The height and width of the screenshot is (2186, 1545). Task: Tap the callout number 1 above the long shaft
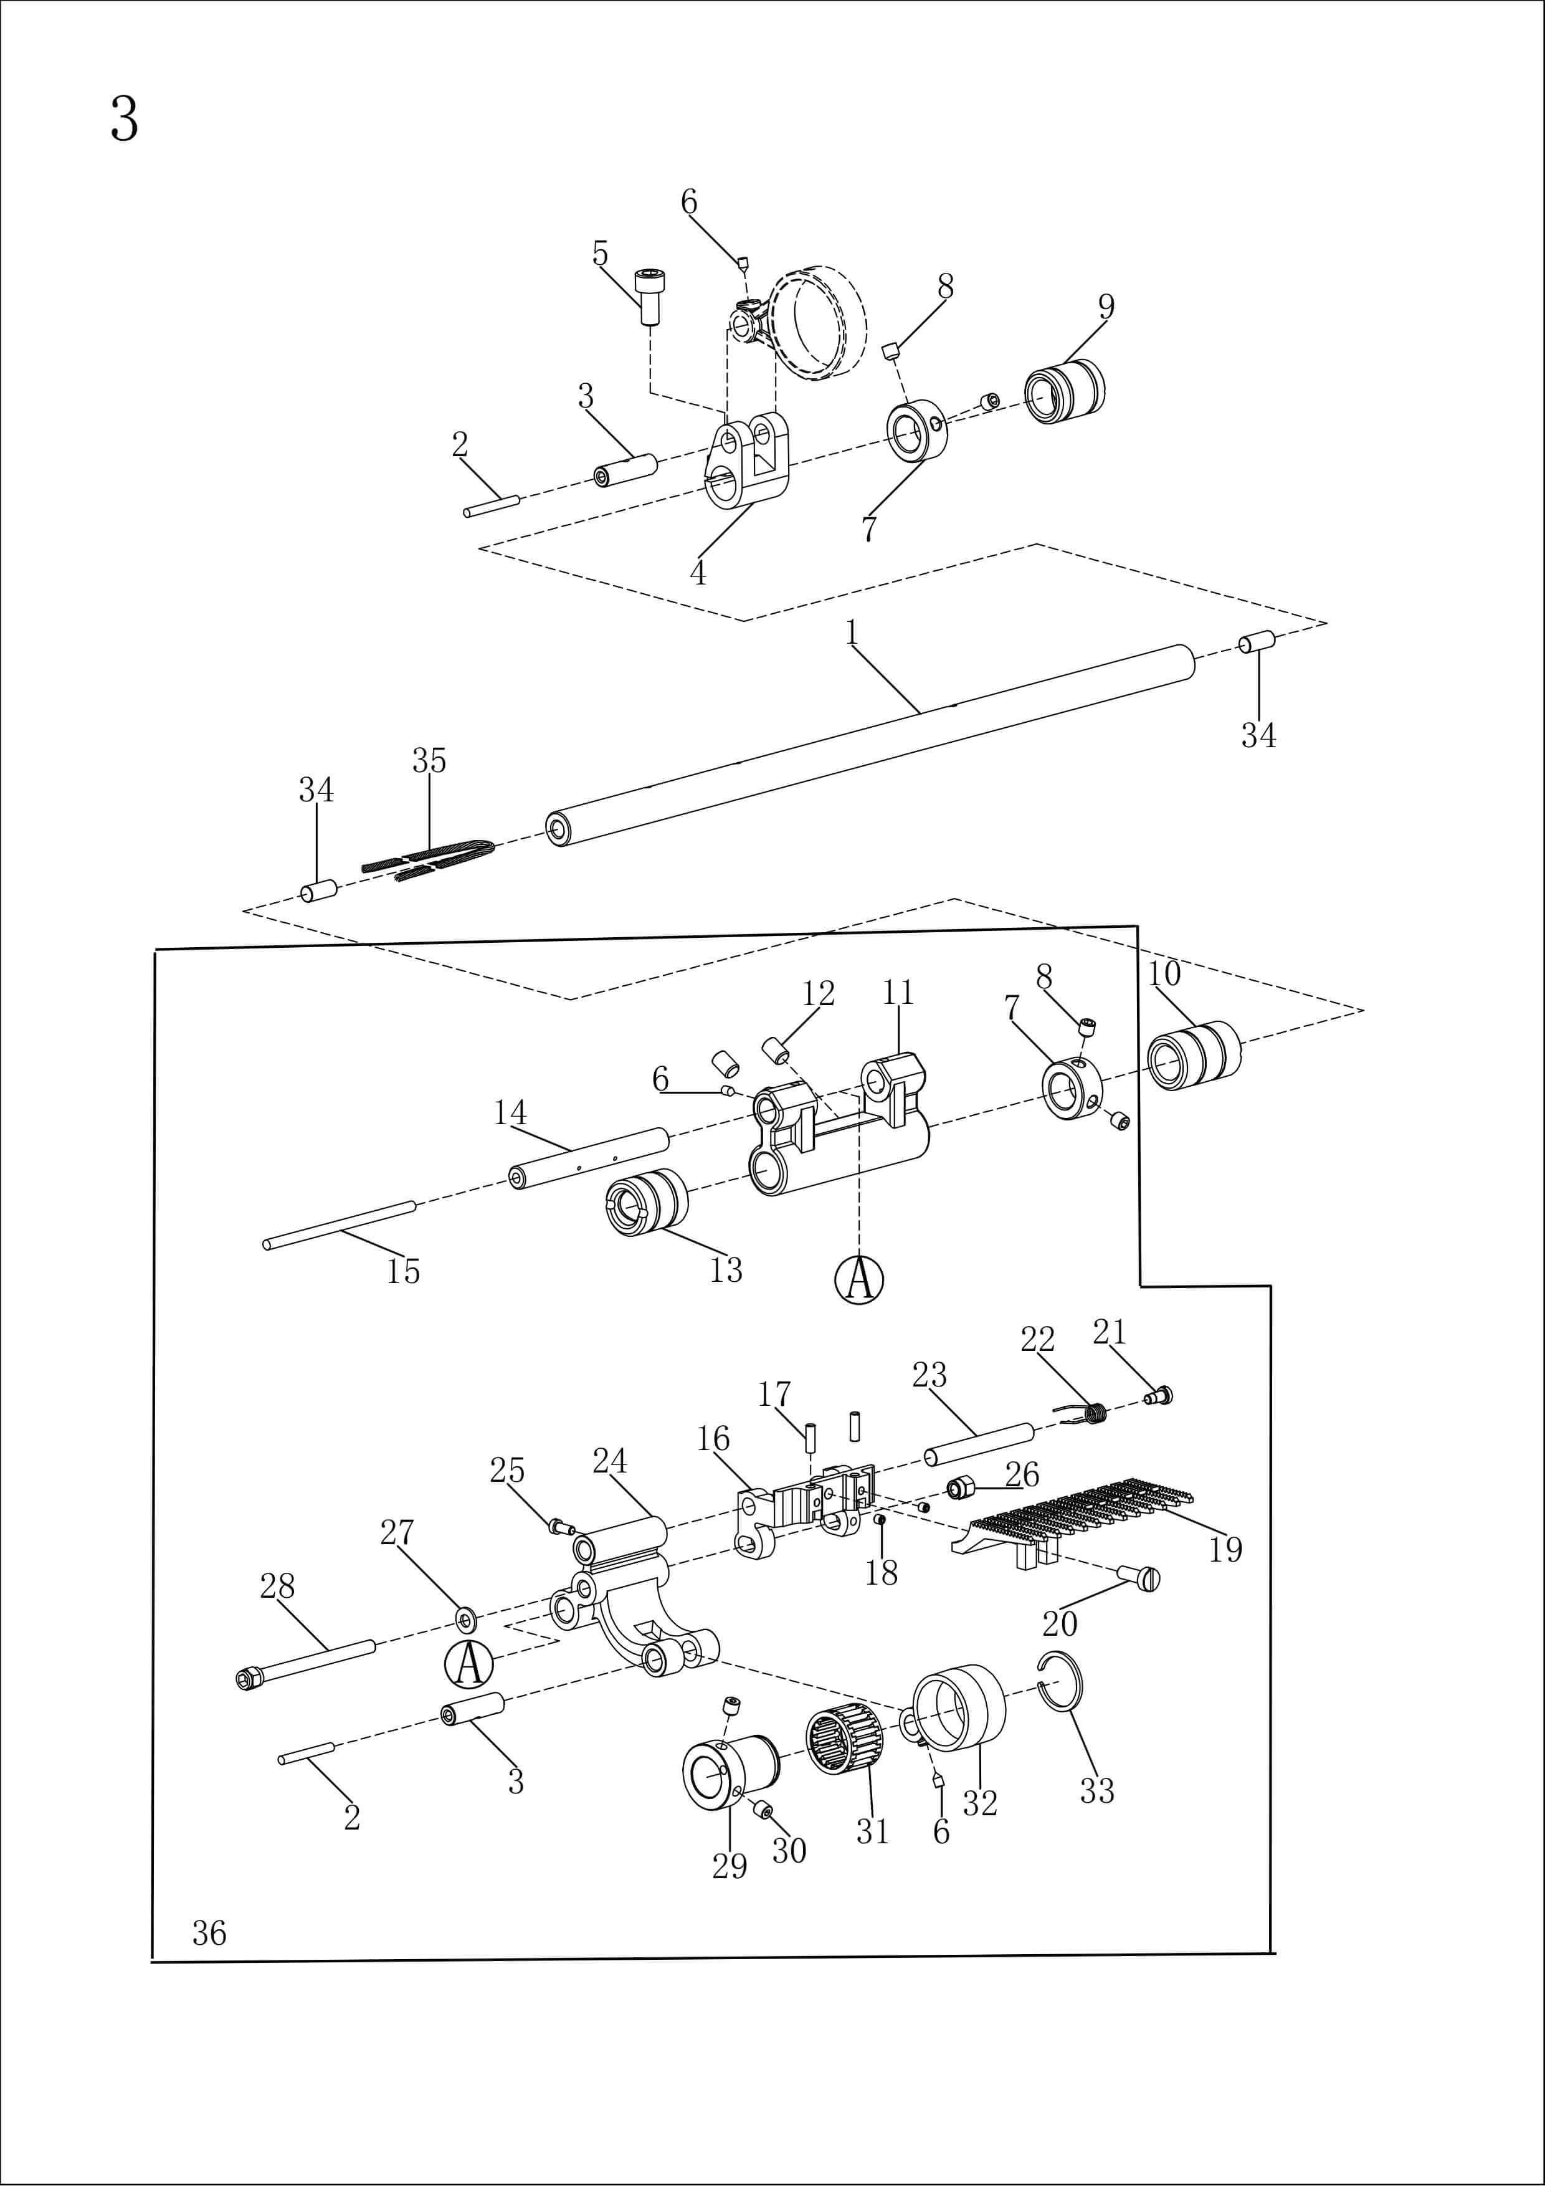[x=852, y=632]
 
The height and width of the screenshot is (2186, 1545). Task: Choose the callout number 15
[x=402, y=1271]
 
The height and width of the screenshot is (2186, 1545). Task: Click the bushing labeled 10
[x=1194, y=1055]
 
